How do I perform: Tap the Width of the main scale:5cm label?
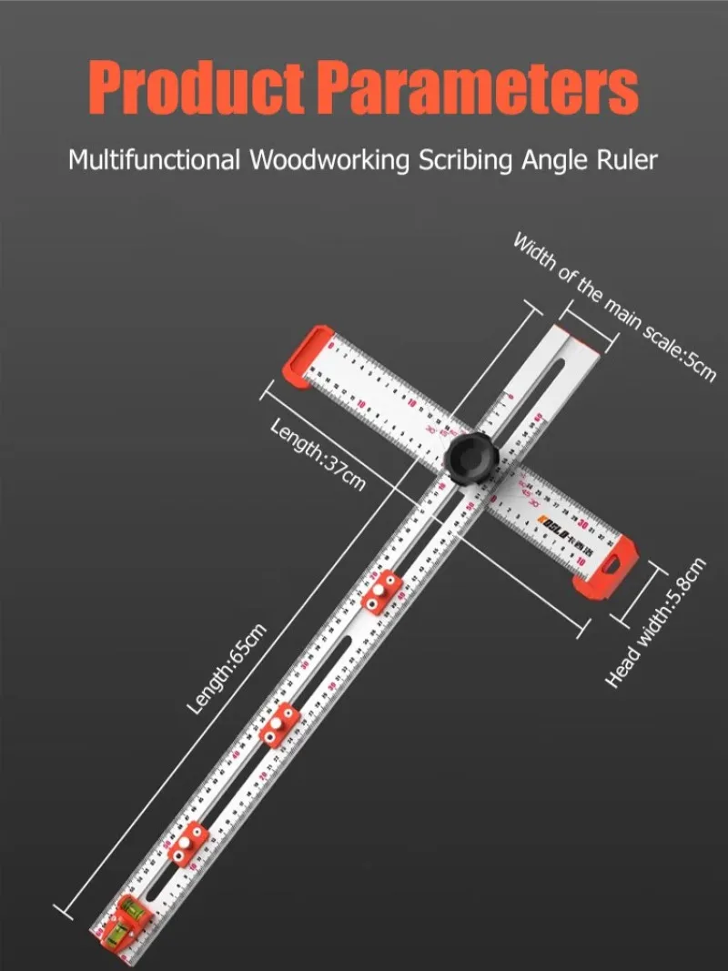click(x=615, y=306)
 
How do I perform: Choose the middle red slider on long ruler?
click(x=279, y=724)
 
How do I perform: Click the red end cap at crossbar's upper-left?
click(x=306, y=355)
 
